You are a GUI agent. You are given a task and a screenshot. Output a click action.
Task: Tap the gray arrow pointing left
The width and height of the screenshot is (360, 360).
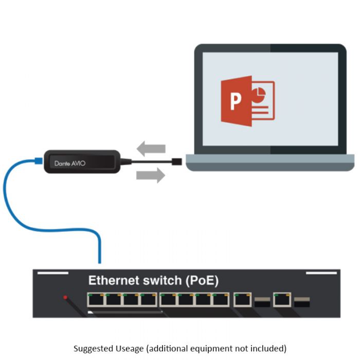point(151,149)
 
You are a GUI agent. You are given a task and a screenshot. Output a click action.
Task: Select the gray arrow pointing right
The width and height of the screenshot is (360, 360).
point(151,176)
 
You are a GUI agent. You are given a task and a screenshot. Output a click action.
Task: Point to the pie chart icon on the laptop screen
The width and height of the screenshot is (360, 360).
point(259,94)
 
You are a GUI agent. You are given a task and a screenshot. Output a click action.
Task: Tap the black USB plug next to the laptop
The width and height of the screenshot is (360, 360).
point(176,162)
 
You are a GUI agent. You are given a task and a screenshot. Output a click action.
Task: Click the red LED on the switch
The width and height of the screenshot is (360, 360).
point(65,297)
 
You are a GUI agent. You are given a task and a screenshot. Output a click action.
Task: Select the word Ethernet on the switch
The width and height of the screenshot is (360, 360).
point(114,281)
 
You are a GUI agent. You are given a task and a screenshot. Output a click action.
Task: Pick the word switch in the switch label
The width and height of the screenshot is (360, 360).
point(162,281)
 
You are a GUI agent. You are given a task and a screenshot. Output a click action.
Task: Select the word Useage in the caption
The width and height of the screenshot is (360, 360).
point(129,348)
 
